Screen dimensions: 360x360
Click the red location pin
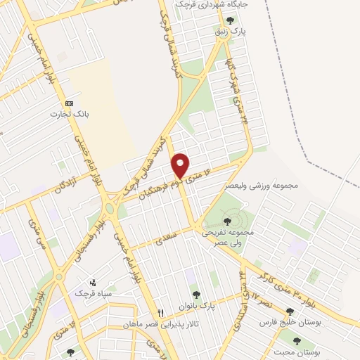(181, 165)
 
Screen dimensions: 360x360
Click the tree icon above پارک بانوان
(196, 295)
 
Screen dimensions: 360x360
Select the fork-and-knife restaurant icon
(160, 313)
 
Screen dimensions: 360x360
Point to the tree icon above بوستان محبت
(297, 340)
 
